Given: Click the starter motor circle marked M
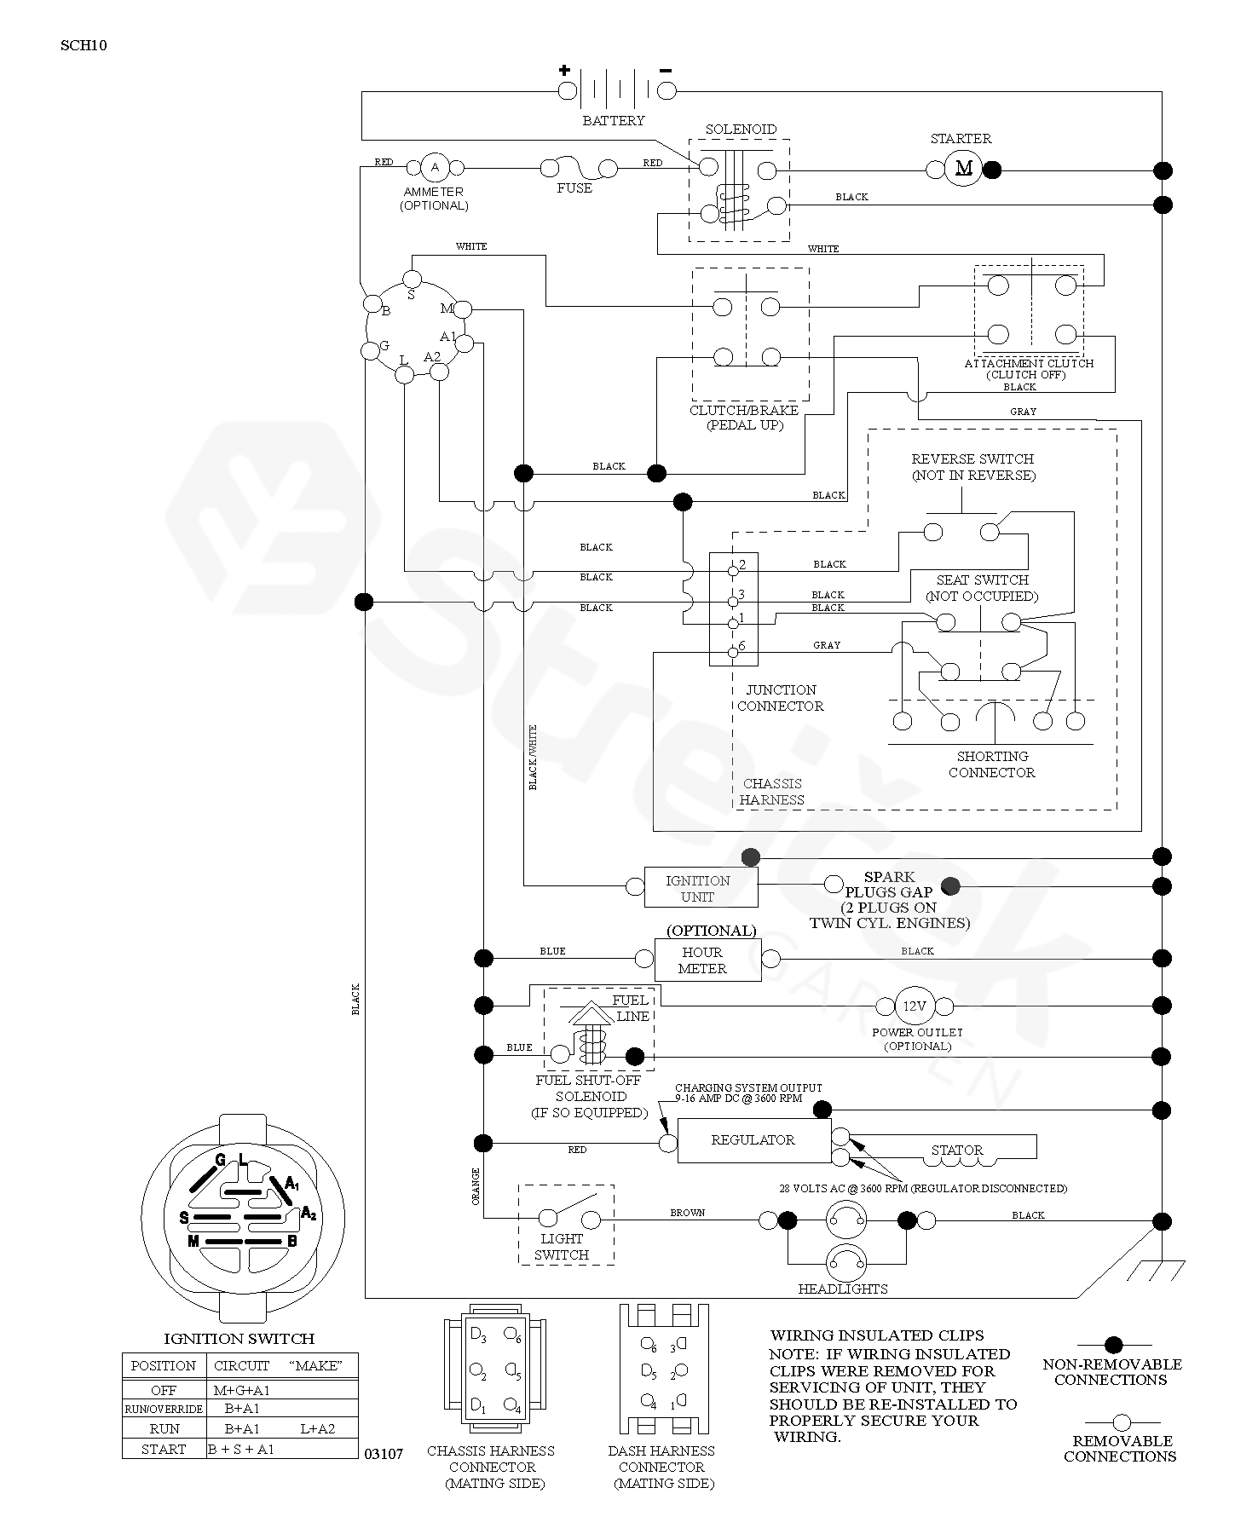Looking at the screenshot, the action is click(x=964, y=168).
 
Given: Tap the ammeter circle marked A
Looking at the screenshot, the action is click(x=435, y=166).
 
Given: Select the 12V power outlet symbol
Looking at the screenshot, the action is click(x=914, y=1006).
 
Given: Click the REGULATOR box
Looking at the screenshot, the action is click(x=753, y=1140).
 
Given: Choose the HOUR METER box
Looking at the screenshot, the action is click(x=707, y=960).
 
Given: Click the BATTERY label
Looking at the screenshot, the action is click(x=614, y=121).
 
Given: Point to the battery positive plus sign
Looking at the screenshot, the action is click(x=564, y=71).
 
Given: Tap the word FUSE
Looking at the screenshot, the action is click(x=574, y=188).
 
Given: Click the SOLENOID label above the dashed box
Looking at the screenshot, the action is click(x=741, y=130).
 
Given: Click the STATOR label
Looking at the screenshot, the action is click(x=957, y=1150).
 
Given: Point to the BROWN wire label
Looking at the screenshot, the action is click(x=687, y=1213).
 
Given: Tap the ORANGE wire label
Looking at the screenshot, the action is click(x=476, y=1186).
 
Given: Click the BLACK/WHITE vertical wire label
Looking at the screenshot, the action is click(x=534, y=757).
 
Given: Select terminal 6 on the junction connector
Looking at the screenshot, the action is click(x=732, y=654).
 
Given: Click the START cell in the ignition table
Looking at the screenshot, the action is click(x=164, y=1449).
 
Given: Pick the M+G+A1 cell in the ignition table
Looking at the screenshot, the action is click(x=242, y=1390).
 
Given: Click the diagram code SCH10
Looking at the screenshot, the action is click(x=84, y=46).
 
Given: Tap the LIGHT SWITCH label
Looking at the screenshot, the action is click(x=563, y=1247).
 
